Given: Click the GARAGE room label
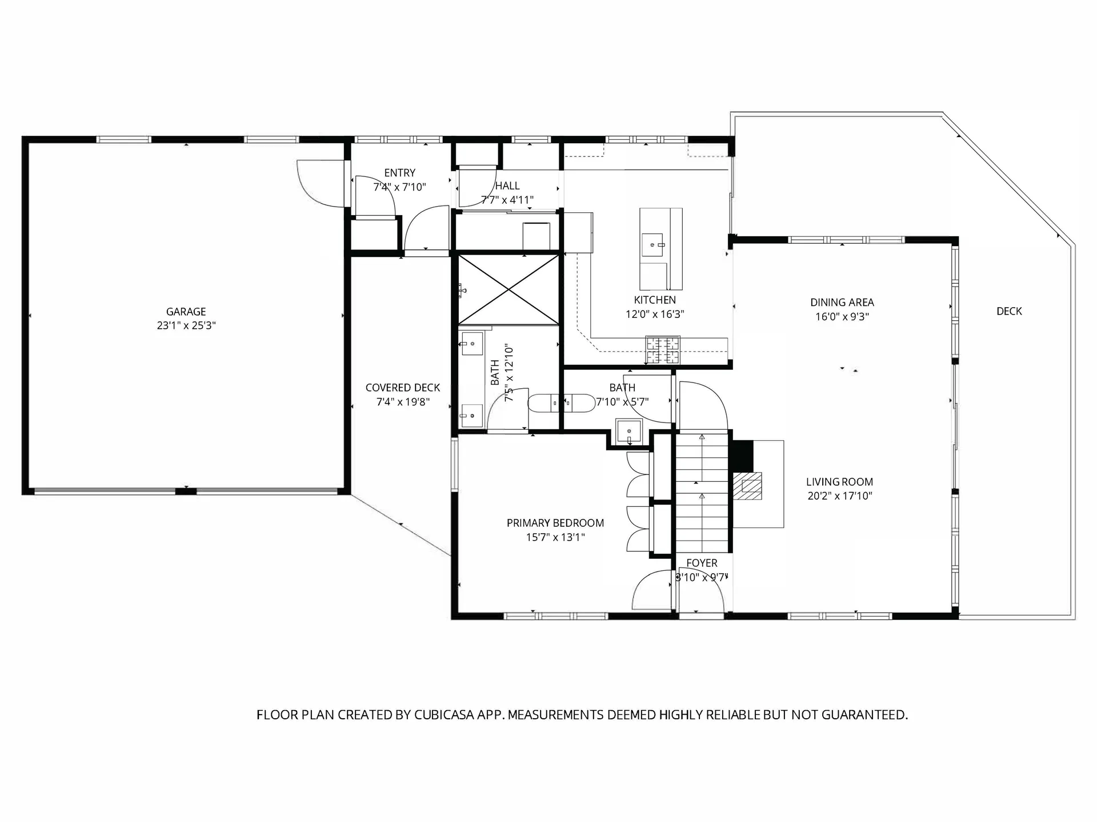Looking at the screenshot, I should (186, 312).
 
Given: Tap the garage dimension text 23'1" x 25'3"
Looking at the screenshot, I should (186, 326).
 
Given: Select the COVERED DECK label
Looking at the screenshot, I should (403, 388).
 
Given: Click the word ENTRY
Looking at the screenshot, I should (399, 173).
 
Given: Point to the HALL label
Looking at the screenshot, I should (507, 186).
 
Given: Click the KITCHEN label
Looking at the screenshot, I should (655, 300).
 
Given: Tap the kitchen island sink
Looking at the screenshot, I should (652, 244).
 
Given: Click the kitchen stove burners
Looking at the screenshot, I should (663, 350).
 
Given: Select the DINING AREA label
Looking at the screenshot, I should (842, 303).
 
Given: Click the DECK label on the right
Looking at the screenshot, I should (1009, 311).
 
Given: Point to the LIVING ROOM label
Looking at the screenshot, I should (839, 482).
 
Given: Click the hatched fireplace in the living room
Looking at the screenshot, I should (748, 486).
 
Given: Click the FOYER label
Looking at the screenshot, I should (702, 563).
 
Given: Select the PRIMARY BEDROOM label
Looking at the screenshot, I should (555, 523).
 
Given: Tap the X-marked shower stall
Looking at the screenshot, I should (509, 290).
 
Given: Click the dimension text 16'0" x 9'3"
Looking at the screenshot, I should (842, 317).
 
